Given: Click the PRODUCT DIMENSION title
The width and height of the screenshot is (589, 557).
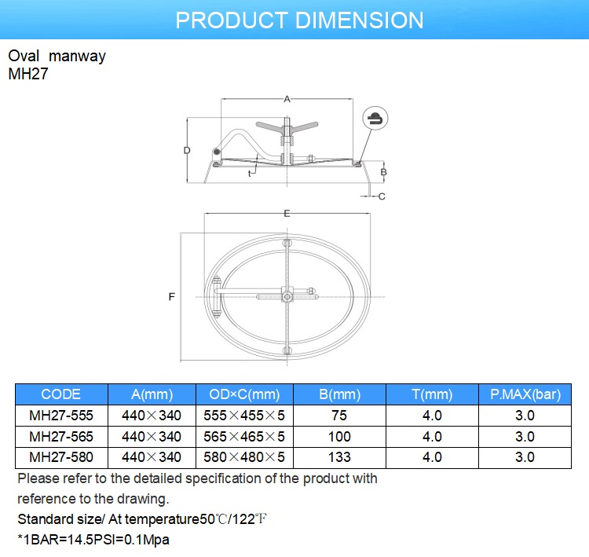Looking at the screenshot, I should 299,20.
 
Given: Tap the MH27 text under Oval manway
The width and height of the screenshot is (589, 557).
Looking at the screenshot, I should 27,72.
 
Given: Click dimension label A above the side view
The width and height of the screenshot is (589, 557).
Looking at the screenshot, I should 287,99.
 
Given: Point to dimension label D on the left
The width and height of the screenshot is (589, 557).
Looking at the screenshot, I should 187,150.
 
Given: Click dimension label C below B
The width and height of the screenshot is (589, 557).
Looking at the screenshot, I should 382,196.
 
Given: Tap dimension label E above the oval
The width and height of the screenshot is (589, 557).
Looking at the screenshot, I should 287,214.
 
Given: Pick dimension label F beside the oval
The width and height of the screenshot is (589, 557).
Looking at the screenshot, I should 171,297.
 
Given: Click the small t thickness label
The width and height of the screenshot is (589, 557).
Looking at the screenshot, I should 249,173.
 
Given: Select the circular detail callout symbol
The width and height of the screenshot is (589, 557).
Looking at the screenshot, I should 375,119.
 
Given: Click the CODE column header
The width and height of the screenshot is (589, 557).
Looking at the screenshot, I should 61,394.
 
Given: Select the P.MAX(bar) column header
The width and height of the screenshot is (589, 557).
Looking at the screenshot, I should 525,394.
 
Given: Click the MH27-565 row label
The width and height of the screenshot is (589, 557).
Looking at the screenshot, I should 61,436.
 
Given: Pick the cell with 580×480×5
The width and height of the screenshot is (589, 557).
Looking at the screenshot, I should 246,456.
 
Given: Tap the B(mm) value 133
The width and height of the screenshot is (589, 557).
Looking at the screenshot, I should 340,456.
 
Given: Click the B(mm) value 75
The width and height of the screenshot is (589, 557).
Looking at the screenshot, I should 340,416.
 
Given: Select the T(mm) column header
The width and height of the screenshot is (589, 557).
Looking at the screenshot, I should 432,394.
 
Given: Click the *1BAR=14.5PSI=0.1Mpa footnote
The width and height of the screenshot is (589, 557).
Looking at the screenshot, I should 93,540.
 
